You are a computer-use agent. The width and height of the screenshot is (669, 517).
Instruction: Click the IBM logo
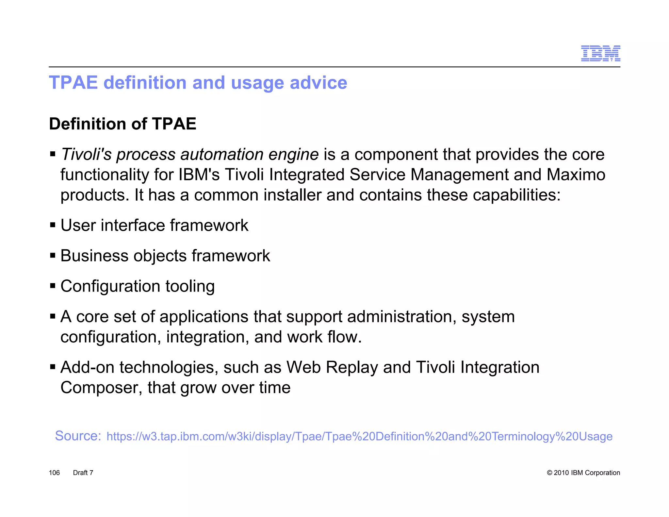coord(600,54)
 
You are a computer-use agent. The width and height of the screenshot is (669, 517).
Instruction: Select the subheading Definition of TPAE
coord(122,124)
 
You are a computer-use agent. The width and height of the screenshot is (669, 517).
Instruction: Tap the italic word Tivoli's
coord(87,154)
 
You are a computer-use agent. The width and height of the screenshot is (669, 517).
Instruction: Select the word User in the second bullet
coord(78,225)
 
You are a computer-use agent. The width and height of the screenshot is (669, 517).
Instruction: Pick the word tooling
coord(190,286)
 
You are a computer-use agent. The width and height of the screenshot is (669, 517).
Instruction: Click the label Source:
coord(78,436)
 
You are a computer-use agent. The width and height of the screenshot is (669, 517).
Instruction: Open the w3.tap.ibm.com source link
coord(359,437)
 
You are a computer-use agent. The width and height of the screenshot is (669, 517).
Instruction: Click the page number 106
coord(54,473)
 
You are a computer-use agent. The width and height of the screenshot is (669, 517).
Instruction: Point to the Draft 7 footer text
coord(83,473)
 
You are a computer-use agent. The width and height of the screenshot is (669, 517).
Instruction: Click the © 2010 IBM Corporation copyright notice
coord(583,473)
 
